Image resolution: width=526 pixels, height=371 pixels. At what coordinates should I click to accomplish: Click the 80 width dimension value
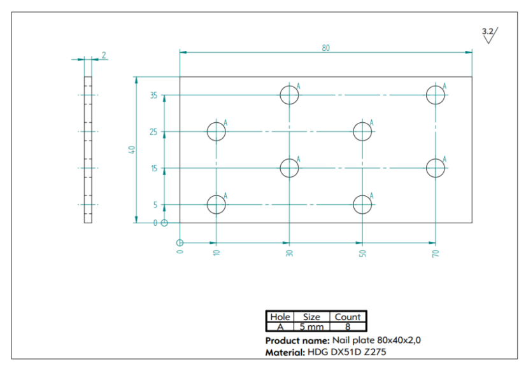(326, 48)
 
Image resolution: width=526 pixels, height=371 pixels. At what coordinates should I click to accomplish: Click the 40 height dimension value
(132, 150)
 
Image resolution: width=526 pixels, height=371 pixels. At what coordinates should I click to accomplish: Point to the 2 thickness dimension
(104, 55)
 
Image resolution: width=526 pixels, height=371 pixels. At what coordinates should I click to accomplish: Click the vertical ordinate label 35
(153, 95)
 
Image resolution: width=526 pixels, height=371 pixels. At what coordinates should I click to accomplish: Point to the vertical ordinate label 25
(153, 132)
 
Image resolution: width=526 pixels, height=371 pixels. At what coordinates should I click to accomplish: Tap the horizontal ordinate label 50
(362, 253)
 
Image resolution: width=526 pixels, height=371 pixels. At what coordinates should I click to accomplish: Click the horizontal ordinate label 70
(436, 253)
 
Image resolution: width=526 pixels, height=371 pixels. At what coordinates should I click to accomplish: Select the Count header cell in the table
(348, 317)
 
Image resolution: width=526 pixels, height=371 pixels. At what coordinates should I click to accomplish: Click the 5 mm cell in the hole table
(311, 327)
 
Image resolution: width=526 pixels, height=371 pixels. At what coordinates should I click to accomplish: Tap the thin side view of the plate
(88, 150)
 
